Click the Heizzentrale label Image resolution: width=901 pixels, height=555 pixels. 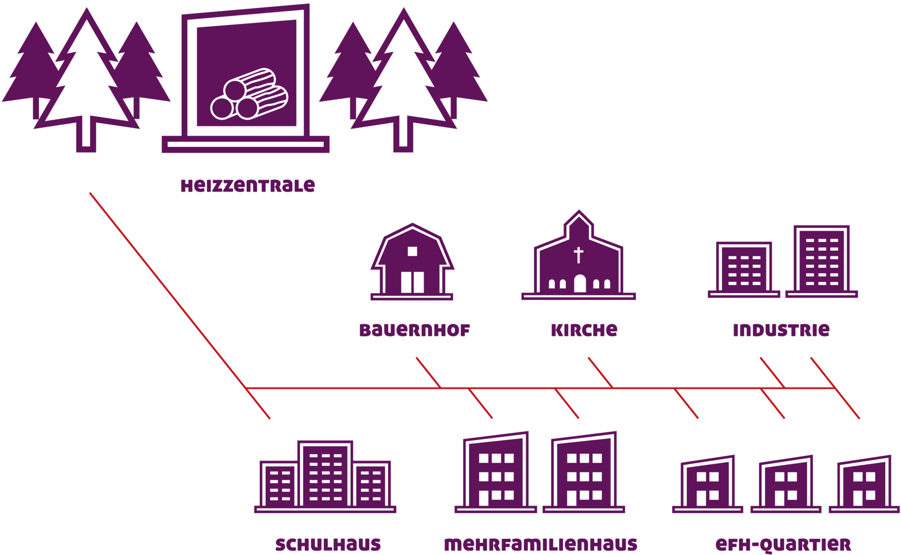(x=248, y=186)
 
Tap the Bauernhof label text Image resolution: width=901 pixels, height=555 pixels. (x=414, y=330)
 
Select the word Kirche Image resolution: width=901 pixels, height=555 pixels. (x=584, y=330)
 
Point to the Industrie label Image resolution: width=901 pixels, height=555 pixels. (x=781, y=330)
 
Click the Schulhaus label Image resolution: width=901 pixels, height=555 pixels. (x=328, y=544)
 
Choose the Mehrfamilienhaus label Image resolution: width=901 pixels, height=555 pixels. (x=541, y=544)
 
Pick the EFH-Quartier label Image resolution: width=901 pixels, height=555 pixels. (x=783, y=544)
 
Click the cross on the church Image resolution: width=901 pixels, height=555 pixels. (x=579, y=255)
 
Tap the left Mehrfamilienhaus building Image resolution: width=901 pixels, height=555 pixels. (x=496, y=473)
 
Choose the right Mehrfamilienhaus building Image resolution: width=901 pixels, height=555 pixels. (x=584, y=473)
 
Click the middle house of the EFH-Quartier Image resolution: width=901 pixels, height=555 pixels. (x=786, y=484)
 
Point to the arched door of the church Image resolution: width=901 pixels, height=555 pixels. (x=580, y=284)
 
